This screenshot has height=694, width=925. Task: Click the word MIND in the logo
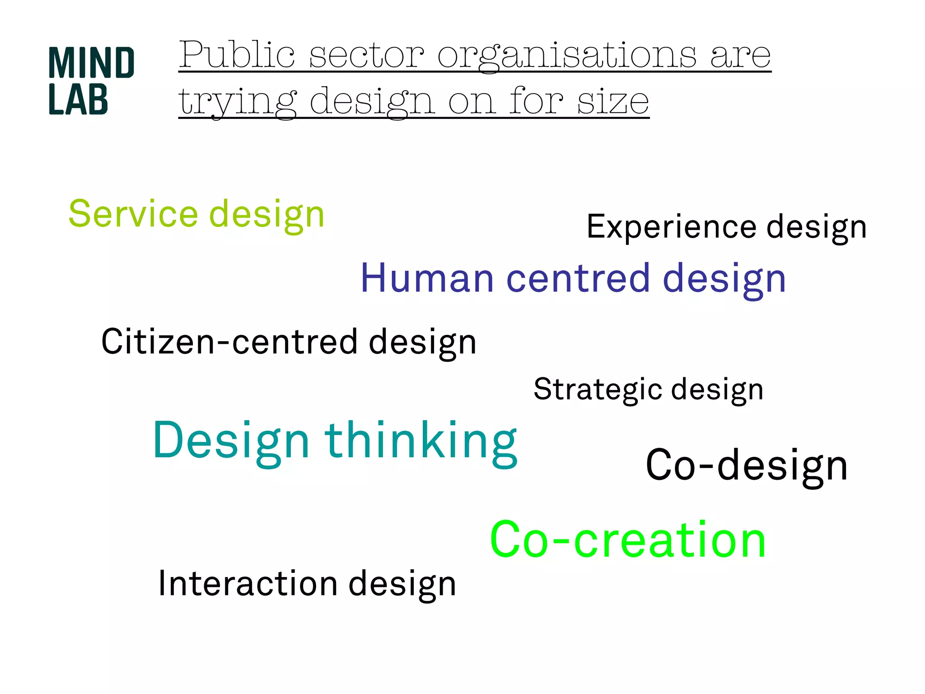tap(91, 63)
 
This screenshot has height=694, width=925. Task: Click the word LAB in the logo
tap(78, 99)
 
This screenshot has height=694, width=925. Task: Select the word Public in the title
tap(237, 55)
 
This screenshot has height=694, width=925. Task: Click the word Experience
tap(671, 227)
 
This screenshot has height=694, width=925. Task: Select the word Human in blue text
tap(427, 279)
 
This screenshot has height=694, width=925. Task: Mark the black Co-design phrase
tap(747, 465)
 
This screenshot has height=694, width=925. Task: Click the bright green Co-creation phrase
tap(628, 539)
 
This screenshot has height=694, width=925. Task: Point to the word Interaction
tap(248, 584)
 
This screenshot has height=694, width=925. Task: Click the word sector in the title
tap(366, 55)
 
